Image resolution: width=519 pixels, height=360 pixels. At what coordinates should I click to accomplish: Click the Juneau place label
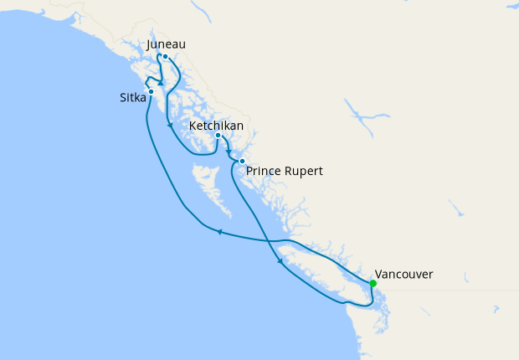coord(165,44)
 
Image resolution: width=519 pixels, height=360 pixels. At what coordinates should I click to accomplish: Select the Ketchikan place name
coord(217,125)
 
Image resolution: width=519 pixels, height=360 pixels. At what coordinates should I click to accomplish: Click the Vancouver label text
coord(404,274)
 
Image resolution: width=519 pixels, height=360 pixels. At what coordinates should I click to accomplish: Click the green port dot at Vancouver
coord(373,284)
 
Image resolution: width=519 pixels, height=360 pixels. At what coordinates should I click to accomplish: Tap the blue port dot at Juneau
coord(165,57)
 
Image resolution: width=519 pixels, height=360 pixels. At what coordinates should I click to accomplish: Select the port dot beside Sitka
coord(151,91)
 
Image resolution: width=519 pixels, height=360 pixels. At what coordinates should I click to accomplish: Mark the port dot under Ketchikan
coord(218,136)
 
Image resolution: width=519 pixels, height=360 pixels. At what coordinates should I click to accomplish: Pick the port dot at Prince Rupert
coord(241,161)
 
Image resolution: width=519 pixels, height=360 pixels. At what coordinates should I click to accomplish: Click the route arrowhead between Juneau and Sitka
coord(159,83)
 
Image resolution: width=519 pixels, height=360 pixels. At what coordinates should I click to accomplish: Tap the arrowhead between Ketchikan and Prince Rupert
coord(229,152)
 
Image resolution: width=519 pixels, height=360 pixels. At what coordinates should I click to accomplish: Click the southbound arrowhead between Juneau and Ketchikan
coord(171,126)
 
